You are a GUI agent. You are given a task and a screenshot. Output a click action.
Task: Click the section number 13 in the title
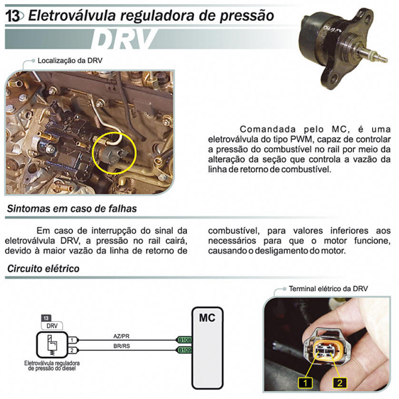click(x=13, y=16)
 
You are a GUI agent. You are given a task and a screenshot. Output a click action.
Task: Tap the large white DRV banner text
click(x=124, y=39)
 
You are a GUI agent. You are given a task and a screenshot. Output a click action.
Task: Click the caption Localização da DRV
click(x=70, y=60)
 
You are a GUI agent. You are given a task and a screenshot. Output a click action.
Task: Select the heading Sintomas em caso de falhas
click(x=72, y=209)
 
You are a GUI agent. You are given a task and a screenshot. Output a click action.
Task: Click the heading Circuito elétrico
click(x=43, y=269)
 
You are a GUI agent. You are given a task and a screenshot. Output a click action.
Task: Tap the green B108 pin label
click(x=185, y=340)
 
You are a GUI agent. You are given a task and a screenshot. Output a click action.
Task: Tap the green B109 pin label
click(x=185, y=350)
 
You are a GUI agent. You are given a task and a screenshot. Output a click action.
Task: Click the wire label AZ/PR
click(x=121, y=336)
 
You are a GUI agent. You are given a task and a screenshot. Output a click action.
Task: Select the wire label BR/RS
click(x=122, y=346)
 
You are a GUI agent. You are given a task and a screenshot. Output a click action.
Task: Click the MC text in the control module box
click(x=207, y=318)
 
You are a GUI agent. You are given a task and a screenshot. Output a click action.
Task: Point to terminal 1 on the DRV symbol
click(x=72, y=340)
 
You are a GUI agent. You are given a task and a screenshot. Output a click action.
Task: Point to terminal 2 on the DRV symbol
click(x=72, y=350)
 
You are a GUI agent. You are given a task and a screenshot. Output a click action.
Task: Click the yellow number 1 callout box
click(x=305, y=382)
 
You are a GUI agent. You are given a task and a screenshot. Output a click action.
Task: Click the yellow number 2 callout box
click(x=340, y=382)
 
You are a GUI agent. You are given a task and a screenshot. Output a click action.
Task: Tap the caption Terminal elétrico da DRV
click(x=328, y=289)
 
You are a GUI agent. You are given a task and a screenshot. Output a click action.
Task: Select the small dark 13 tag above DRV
click(x=46, y=318)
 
